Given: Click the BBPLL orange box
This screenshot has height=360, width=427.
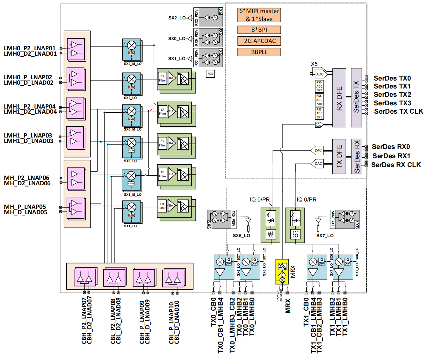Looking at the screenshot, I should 259,52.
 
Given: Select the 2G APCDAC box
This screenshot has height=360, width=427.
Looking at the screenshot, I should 259,41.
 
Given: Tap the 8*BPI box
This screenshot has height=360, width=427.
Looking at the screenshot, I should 259,30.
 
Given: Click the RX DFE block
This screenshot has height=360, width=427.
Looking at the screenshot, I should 339,98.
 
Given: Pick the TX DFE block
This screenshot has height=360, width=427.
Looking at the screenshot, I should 339,156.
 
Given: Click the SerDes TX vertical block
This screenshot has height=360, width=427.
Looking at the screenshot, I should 356,97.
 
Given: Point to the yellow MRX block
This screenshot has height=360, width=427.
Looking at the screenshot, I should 282,272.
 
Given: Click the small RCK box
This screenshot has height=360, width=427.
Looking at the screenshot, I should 210,74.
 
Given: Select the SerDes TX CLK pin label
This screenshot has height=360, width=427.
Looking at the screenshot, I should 398,111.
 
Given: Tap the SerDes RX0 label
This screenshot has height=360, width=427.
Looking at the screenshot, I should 391,147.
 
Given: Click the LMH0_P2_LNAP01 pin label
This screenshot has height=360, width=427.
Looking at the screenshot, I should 30,48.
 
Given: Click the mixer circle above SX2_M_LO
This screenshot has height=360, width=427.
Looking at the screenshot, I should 131,45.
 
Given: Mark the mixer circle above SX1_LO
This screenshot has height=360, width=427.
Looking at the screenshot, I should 131,207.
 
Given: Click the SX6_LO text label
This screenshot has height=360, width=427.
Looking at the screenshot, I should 241,236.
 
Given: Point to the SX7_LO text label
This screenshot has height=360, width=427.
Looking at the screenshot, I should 325,236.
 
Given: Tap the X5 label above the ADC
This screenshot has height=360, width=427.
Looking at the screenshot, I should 314,64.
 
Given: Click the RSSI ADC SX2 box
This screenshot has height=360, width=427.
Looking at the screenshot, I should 319,86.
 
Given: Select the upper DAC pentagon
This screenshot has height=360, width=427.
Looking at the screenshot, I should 317,150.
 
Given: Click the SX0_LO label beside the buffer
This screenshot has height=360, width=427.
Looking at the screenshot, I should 177,39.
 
